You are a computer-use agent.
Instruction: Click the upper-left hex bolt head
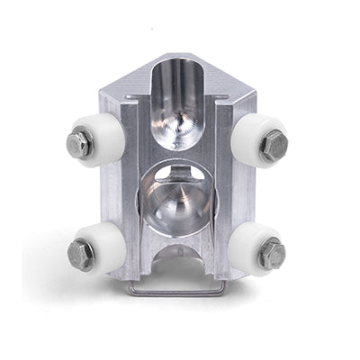click(x=79, y=143)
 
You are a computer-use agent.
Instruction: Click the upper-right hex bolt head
click(x=274, y=144)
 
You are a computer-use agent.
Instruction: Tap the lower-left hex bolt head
click(x=81, y=254)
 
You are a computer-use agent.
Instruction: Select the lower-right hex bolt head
click(x=272, y=255)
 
